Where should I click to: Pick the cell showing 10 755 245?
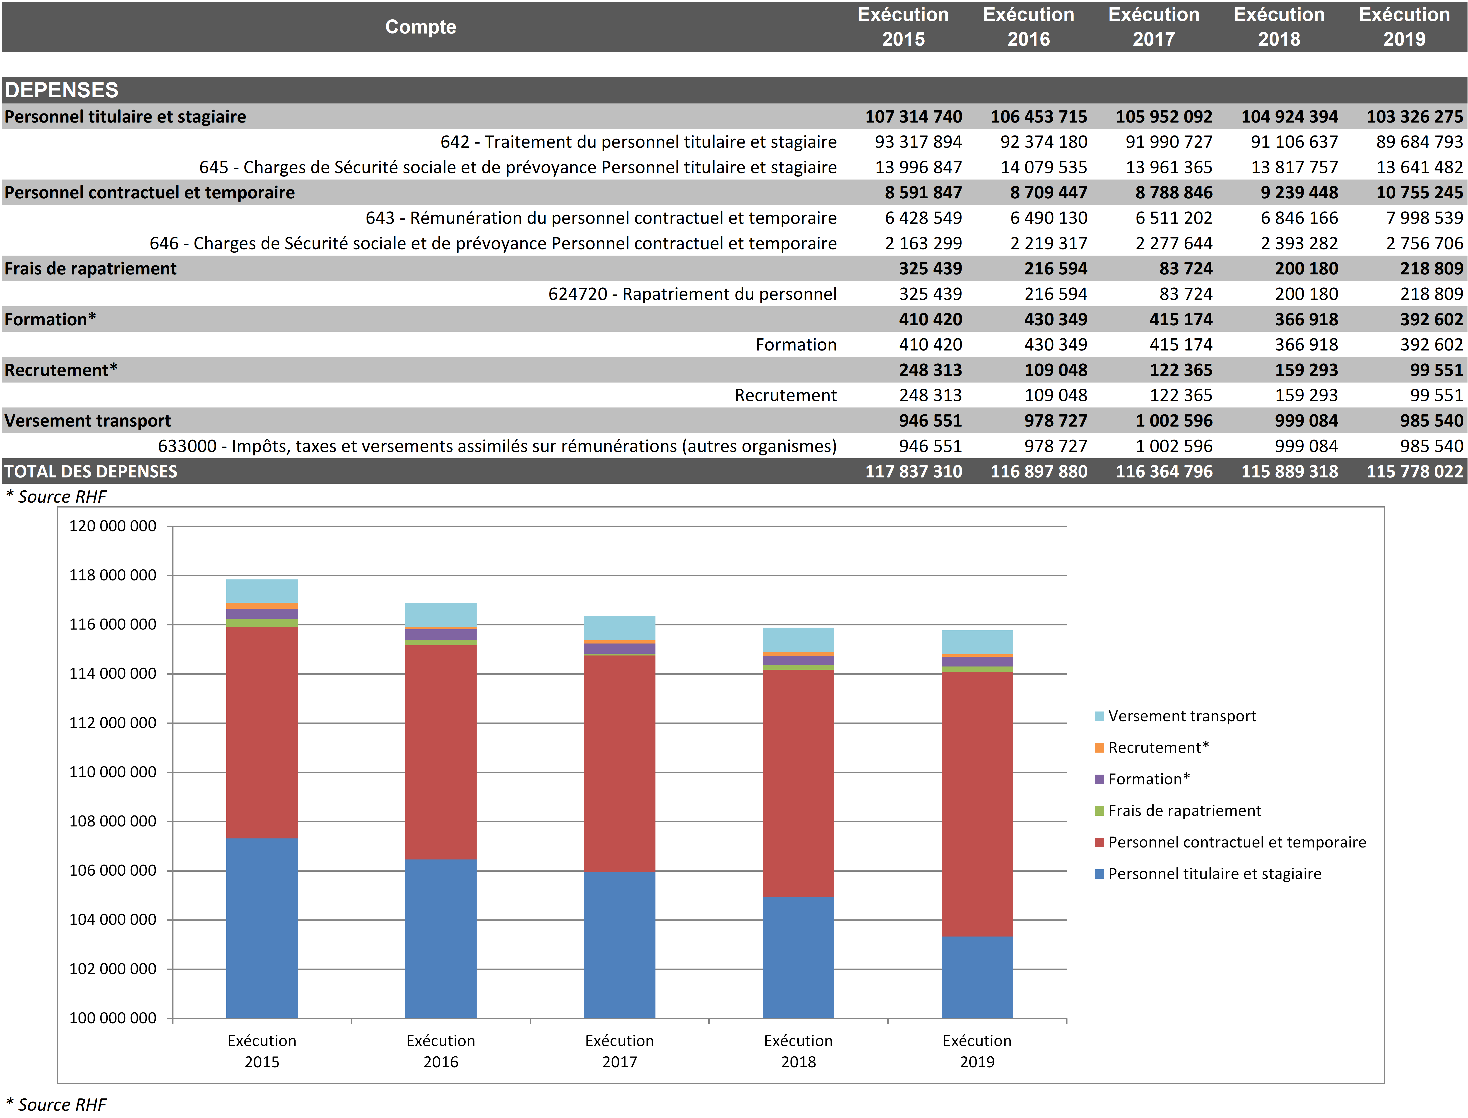(x=1419, y=192)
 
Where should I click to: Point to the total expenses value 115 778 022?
(x=1415, y=471)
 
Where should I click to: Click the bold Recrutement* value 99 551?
(x=1436, y=370)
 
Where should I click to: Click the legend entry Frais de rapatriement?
(x=1184, y=811)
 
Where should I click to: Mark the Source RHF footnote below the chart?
(x=57, y=1105)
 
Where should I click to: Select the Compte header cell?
(x=421, y=27)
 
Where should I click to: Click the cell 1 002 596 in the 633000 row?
(x=1174, y=446)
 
